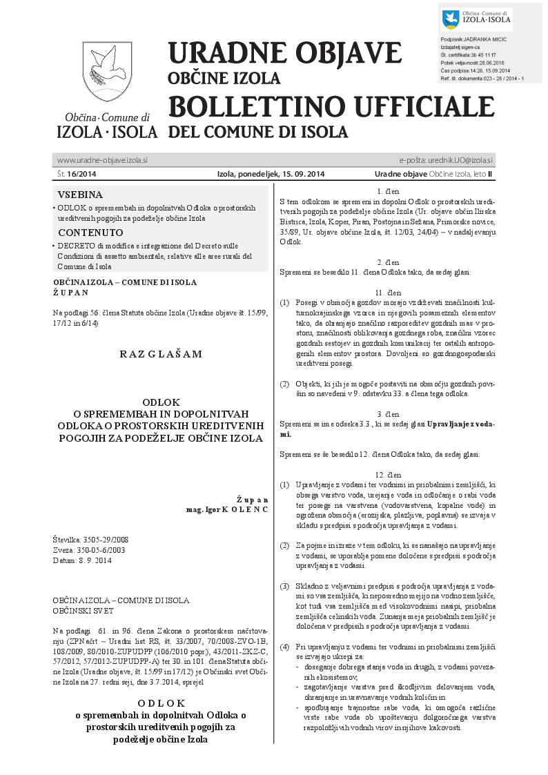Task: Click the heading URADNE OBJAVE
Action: point(284,53)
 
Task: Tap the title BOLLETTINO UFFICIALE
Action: point(331,106)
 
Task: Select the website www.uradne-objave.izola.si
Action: point(102,160)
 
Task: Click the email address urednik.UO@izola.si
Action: point(455,160)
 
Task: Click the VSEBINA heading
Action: point(80,195)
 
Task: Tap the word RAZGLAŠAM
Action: point(161,354)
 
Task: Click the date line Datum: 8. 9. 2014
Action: point(81,560)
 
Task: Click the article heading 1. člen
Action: point(389,190)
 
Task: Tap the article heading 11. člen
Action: point(389,293)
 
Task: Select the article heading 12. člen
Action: point(389,475)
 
